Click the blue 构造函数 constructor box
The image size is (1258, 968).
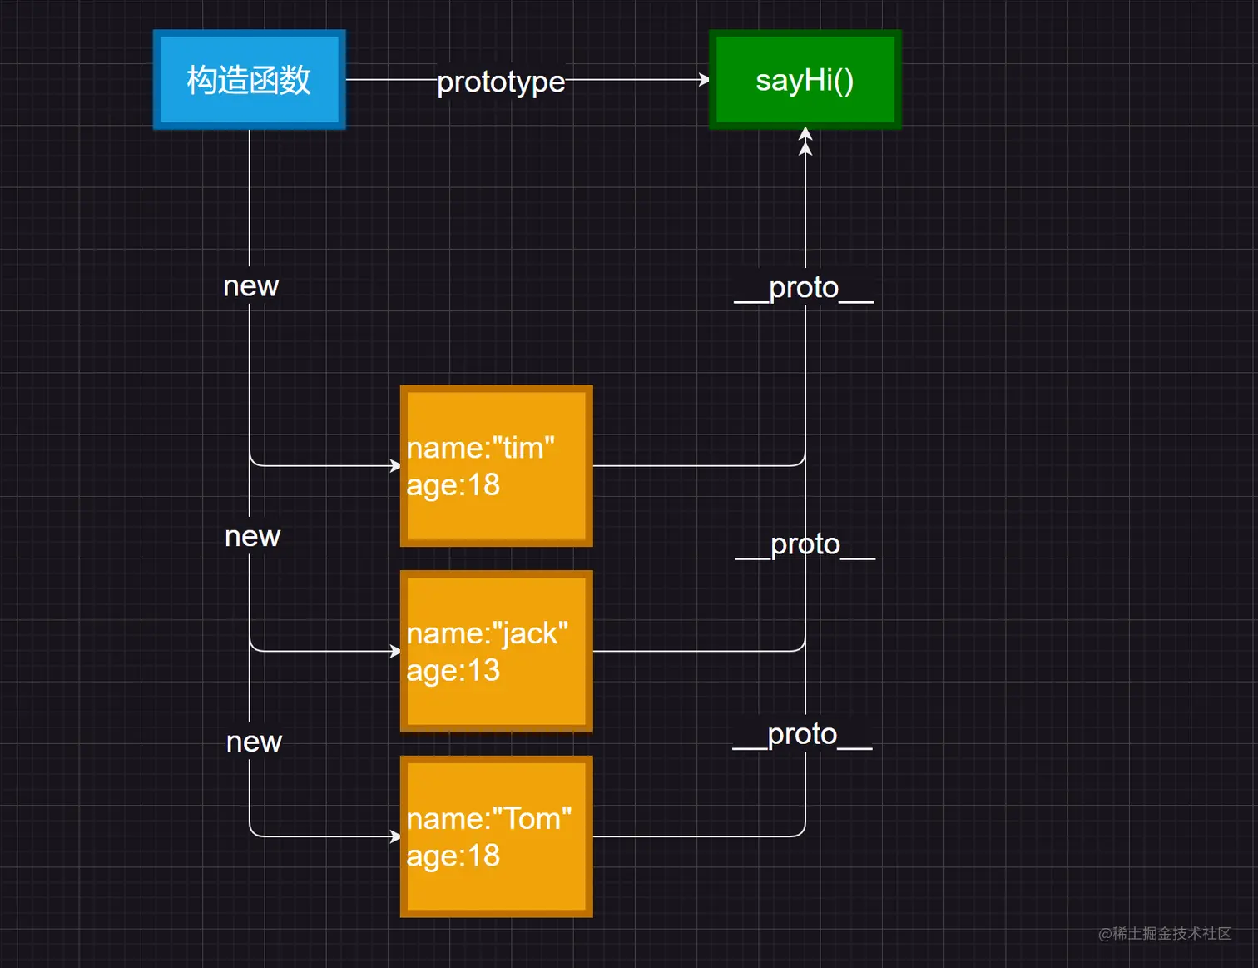pyautogui.click(x=249, y=80)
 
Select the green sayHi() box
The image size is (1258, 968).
pyautogui.click(x=805, y=80)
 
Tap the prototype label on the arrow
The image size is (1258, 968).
pyautogui.click(x=501, y=82)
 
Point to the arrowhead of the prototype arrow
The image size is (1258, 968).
pyautogui.click(x=705, y=80)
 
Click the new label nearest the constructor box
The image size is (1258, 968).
pyautogui.click(x=250, y=286)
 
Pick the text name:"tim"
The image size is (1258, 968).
pyautogui.click(x=480, y=448)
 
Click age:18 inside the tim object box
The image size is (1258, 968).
pyautogui.click(x=453, y=485)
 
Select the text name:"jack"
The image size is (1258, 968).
pyautogui.click(x=487, y=633)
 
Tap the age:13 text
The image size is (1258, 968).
pyautogui.click(x=453, y=671)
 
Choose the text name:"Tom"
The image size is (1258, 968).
pyautogui.click(x=488, y=819)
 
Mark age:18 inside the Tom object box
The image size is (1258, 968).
pyautogui.click(x=453, y=856)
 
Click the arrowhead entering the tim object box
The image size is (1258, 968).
pyautogui.click(x=396, y=466)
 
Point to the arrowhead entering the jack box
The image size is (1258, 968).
pyautogui.click(x=396, y=652)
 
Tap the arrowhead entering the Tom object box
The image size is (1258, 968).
pyautogui.click(x=396, y=836)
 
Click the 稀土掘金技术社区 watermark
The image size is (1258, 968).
pyautogui.click(x=1165, y=934)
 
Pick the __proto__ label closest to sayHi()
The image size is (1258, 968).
pyautogui.click(x=804, y=288)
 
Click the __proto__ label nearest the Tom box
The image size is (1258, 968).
pyautogui.click(x=802, y=735)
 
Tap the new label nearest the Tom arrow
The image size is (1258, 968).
pyautogui.click(x=254, y=742)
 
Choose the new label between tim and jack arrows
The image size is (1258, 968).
pyautogui.click(x=252, y=537)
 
